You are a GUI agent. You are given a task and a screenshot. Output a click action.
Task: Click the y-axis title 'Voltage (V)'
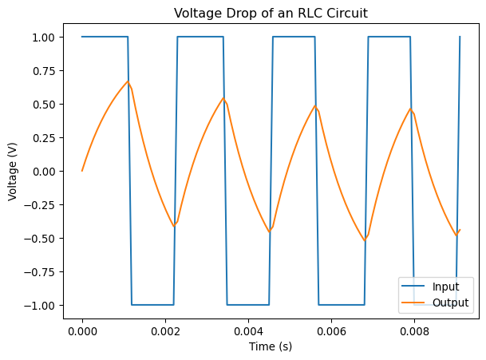coord(14,172)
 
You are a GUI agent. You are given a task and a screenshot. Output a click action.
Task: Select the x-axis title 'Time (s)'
coord(271,349)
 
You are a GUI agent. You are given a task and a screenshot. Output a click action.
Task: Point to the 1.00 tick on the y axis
coord(41,38)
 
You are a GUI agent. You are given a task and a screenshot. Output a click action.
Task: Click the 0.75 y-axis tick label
coord(41,71)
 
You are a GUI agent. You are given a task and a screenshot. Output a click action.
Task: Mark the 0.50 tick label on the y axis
coord(41,105)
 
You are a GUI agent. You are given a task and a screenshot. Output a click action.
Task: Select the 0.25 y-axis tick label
coord(41,138)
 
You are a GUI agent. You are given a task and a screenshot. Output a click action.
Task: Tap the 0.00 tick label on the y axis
coord(41,172)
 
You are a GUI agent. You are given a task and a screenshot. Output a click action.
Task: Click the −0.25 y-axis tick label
coord(38,205)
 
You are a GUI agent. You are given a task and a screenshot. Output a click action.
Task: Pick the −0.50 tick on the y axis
coord(38,239)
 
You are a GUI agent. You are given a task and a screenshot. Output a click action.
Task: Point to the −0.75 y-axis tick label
coord(38,272)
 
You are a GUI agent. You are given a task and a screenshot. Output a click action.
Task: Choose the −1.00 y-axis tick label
coord(38,306)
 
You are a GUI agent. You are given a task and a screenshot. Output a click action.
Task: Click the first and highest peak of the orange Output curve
coord(128,81)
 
